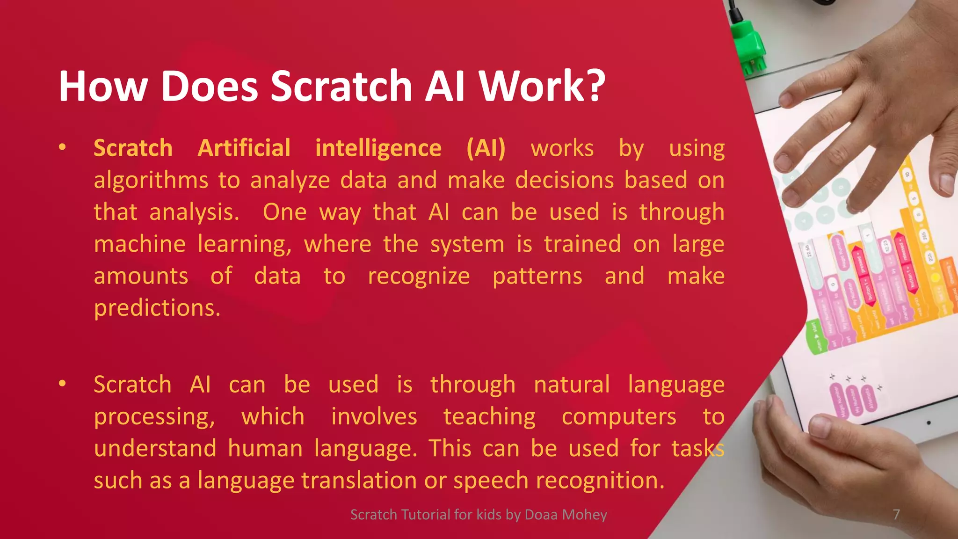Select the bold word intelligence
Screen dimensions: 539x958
(378, 149)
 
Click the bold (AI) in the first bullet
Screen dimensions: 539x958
(486, 149)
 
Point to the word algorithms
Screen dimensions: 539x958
(151, 181)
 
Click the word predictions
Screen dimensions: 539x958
(157, 308)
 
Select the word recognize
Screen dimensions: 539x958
(419, 276)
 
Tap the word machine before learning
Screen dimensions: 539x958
(140, 244)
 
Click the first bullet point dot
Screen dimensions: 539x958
(62, 148)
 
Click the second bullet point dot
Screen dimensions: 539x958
(62, 384)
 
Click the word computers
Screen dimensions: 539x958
(619, 417)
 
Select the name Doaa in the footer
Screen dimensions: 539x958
(542, 515)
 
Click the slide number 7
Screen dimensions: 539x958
(896, 515)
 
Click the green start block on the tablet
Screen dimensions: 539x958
(814, 337)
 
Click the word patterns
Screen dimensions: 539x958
(537, 276)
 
